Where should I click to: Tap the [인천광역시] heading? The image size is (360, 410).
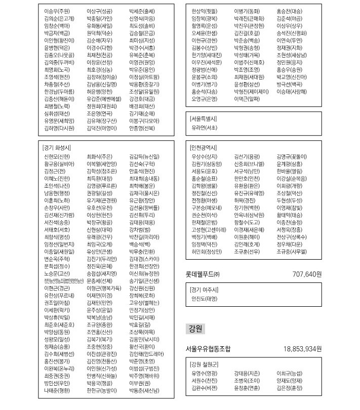click(203, 148)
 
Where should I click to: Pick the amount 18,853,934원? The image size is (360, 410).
click(303, 349)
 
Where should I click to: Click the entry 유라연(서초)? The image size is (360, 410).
click(205, 128)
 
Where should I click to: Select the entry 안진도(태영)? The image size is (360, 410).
click(205, 299)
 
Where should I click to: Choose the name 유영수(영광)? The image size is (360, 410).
click(205, 374)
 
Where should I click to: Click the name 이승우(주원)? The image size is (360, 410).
click(57, 11)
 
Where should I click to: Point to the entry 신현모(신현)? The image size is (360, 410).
click(57, 157)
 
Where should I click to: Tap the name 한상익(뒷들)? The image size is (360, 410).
click(205, 11)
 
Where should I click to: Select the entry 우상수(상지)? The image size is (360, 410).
click(205, 157)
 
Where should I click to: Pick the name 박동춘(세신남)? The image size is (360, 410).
click(144, 391)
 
